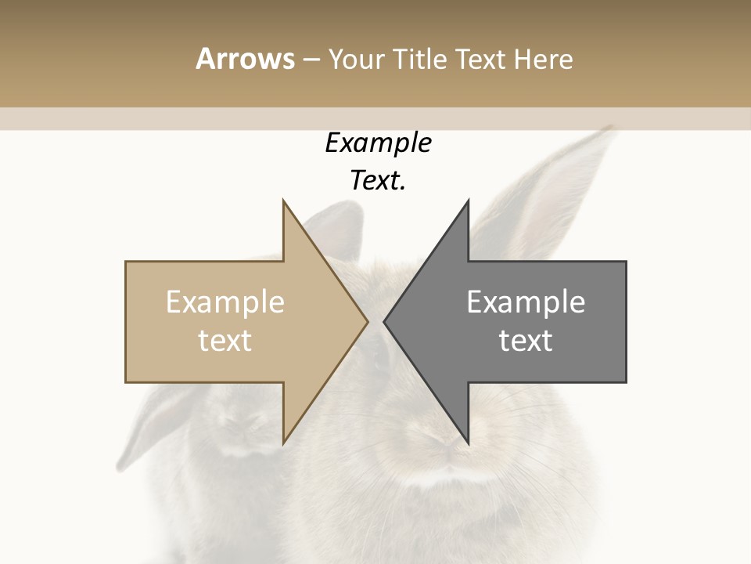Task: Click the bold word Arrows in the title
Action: click(245, 59)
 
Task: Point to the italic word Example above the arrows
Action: click(378, 143)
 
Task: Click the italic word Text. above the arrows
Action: click(378, 181)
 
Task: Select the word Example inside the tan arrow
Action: click(225, 302)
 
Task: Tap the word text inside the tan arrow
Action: click(225, 341)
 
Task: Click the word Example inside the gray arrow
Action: click(526, 302)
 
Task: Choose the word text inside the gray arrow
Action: click(526, 341)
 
